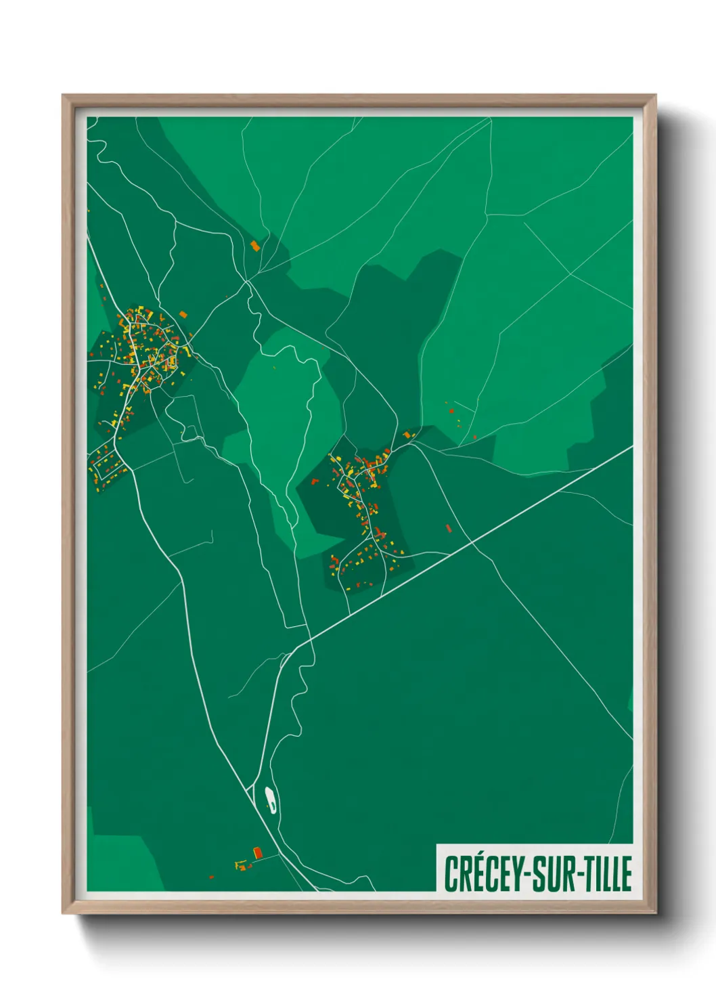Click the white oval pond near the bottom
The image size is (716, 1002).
coord(270,799)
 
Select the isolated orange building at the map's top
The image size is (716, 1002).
coord(255,246)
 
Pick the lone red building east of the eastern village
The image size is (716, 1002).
coord(448,527)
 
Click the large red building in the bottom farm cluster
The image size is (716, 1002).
coord(257,852)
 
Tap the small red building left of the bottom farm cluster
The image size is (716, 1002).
coord(211,877)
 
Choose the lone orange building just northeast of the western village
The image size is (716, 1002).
coord(183,313)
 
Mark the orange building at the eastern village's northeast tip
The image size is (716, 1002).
coord(407,434)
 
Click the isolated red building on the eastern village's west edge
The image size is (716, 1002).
coord(314,481)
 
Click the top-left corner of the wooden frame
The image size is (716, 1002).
coord(64,96)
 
